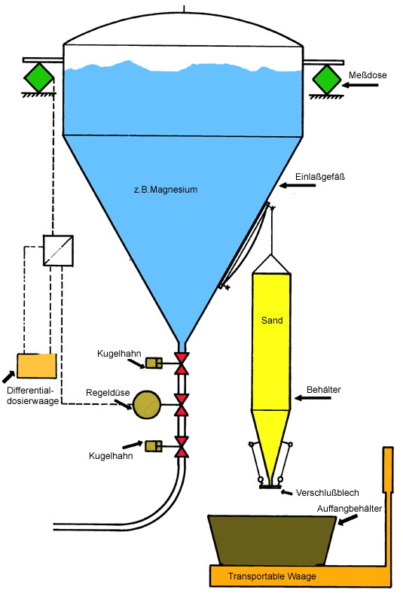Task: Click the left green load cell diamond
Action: coord(39,78)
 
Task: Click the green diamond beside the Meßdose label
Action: coord(327,80)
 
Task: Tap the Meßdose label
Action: coord(368,75)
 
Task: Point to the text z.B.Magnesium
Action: coord(166,190)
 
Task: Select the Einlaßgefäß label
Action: coord(320,177)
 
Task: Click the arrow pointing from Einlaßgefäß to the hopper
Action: coord(298,185)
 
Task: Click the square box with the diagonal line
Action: coord(58,251)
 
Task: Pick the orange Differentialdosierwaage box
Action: coord(36,366)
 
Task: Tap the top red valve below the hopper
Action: coord(182,363)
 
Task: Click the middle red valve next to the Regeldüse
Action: coord(182,405)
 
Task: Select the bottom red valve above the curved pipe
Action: coord(182,447)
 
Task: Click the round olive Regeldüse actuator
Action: coord(147,405)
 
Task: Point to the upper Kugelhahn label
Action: coord(119,353)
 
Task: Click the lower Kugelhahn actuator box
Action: coord(154,446)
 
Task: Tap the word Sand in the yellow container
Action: coord(272,321)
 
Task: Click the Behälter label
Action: coord(324,390)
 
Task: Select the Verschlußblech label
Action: coord(328,493)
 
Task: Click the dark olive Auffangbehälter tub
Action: coord(272,540)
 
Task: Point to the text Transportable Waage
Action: coord(272,576)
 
